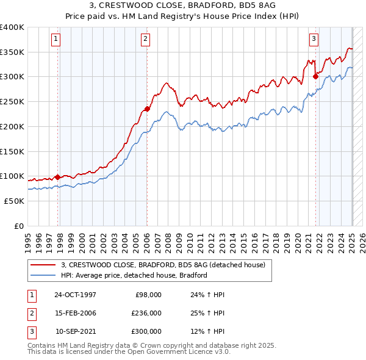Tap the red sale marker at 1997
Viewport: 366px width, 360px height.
pos(58,177)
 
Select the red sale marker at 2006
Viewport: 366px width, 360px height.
pos(147,109)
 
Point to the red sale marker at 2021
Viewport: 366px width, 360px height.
pos(316,76)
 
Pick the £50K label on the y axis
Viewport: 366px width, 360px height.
pos(15,201)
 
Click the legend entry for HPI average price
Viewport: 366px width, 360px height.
pos(134,275)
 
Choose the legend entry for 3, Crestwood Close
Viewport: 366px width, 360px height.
pos(163,265)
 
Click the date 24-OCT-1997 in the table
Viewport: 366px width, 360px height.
pos(75,295)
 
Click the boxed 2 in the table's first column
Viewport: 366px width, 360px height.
pos(31,313)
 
